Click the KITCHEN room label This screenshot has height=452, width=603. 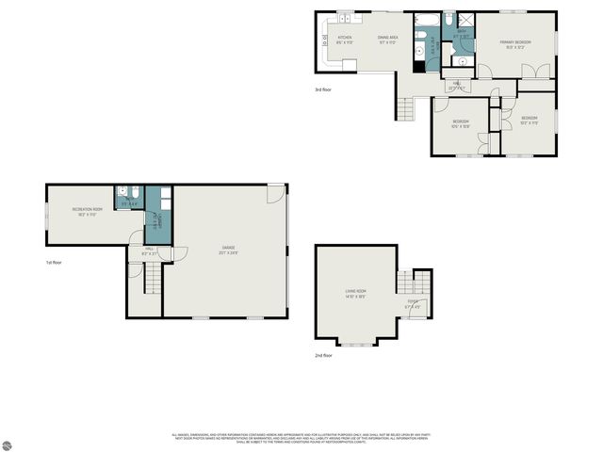point(345,40)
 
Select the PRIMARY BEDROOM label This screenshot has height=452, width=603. point(516,43)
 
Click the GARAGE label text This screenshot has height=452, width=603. point(228,250)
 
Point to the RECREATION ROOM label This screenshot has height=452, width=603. point(87,211)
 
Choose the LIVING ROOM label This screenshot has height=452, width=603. point(355,293)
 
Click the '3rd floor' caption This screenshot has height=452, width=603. point(324,90)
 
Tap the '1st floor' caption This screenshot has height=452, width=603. point(54,263)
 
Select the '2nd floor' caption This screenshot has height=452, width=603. point(324,355)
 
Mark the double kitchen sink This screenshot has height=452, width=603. point(345,18)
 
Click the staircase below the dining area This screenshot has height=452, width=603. point(405,108)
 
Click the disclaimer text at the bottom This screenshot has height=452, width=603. point(301,438)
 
